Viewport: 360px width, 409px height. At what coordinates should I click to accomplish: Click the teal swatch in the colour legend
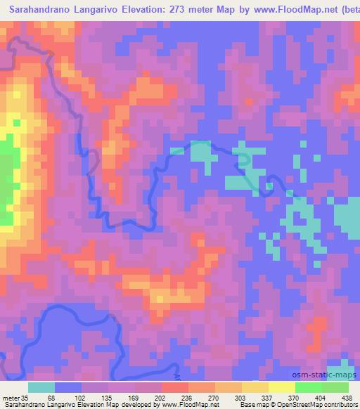pyautogui.click(x=42, y=388)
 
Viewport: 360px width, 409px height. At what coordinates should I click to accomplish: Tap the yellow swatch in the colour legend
pyautogui.click(x=281, y=388)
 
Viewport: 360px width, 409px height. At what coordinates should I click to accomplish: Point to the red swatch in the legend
pyautogui.click(x=174, y=388)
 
